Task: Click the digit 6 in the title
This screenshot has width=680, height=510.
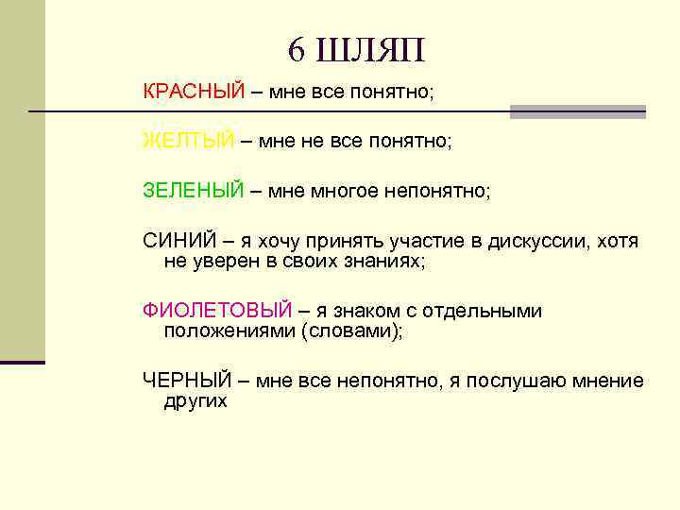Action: pos(297,50)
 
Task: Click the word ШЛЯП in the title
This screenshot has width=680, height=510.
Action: pos(372,50)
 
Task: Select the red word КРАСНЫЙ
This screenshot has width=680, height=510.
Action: pos(194,93)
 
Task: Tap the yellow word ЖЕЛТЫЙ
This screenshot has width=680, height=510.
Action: pos(188,142)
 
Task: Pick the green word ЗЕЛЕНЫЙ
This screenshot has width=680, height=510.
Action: pos(194,191)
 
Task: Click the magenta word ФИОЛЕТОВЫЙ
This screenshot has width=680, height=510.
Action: pos(217,311)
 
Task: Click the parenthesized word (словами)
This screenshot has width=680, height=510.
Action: pos(350,331)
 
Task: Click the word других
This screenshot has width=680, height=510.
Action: pos(195,400)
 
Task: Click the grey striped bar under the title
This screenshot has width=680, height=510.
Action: pos(578,111)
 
